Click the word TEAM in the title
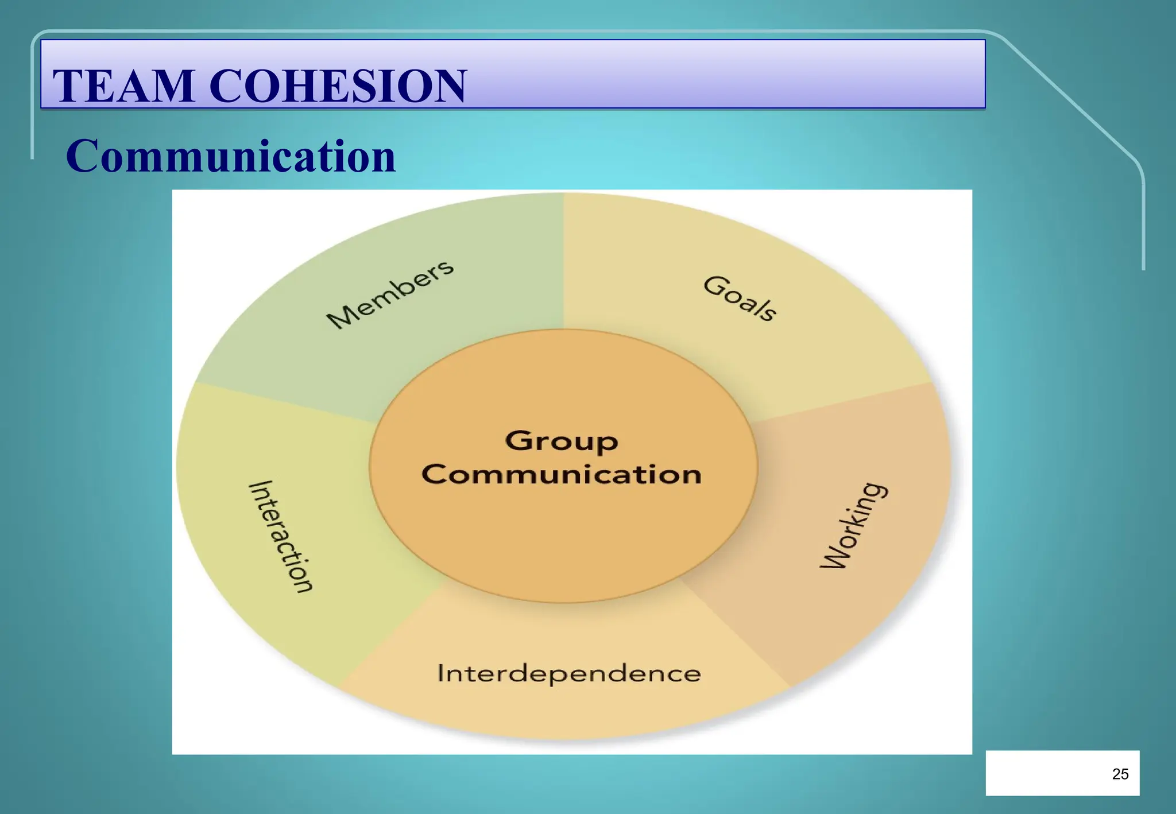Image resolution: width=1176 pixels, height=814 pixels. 123,86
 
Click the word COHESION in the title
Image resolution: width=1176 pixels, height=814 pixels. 338,86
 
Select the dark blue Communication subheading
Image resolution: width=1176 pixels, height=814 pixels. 231,156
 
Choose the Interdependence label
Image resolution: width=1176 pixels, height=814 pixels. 568,673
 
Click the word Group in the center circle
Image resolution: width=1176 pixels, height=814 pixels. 562,441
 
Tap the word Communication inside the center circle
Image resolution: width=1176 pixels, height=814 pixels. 562,475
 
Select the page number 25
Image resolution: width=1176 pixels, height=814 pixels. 1120,774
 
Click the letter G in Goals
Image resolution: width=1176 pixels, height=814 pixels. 713,285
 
